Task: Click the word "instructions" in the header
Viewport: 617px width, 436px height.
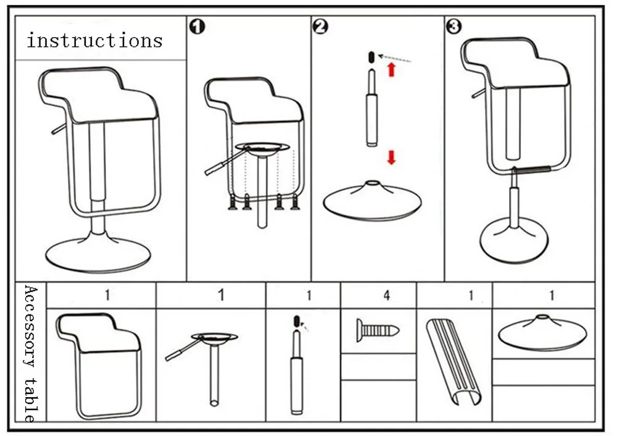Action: pyautogui.click(x=94, y=41)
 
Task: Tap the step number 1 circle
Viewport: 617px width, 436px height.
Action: pyautogui.click(x=197, y=27)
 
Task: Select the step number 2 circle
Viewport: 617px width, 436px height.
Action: pyautogui.click(x=320, y=27)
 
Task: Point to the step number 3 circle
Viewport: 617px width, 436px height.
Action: pyautogui.click(x=453, y=27)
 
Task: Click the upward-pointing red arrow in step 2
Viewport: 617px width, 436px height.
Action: pyautogui.click(x=391, y=69)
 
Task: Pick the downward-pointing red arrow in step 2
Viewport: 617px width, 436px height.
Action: pyautogui.click(x=391, y=157)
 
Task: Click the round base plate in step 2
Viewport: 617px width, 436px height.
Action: pyautogui.click(x=372, y=200)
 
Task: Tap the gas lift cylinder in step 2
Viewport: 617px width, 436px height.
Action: pyautogui.click(x=371, y=107)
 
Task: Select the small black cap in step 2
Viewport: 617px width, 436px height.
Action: pyautogui.click(x=371, y=57)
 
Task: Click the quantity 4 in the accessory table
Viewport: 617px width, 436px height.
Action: pyautogui.click(x=387, y=295)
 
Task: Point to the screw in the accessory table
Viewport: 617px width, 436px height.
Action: pyautogui.click(x=378, y=330)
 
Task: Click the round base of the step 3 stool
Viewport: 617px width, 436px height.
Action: pyautogui.click(x=513, y=241)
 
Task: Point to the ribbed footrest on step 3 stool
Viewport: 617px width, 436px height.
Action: pyautogui.click(x=531, y=169)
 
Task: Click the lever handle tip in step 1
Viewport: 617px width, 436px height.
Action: pyautogui.click(x=209, y=171)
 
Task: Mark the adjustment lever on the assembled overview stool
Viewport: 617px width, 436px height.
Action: pyautogui.click(x=59, y=129)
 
